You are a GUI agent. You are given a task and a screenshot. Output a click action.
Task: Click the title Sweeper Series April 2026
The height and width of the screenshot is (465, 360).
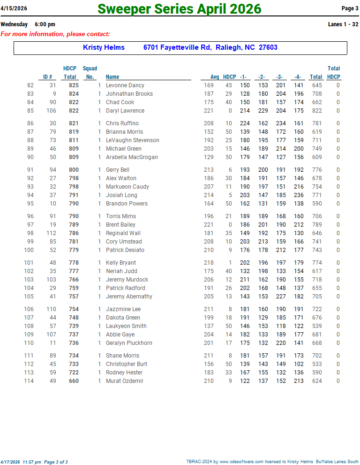click(180, 9)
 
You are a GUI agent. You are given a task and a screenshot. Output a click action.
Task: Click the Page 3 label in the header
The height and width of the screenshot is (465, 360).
click(350, 8)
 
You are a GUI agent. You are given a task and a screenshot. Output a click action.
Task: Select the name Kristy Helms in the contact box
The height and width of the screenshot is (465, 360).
click(104, 47)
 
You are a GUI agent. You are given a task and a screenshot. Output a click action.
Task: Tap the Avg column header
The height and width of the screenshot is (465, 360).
click(215, 77)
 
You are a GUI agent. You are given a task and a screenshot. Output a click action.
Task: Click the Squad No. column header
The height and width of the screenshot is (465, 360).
click(90, 73)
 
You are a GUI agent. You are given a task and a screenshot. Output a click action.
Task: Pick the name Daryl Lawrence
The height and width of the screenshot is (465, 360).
click(125, 111)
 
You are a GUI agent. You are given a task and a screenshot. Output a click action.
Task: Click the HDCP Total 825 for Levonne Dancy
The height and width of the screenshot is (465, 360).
click(74, 85)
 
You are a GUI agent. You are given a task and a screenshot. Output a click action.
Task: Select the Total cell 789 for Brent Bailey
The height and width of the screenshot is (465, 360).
click(316, 225)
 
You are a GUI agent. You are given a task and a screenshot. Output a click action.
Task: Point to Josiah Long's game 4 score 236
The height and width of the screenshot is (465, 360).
click(298, 195)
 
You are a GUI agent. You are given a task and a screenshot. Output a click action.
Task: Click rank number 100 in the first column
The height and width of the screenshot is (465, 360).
click(29, 250)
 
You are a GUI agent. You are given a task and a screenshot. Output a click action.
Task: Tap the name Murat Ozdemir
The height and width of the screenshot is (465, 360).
click(125, 381)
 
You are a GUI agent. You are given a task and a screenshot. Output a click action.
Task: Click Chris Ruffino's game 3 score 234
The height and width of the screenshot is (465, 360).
click(280, 123)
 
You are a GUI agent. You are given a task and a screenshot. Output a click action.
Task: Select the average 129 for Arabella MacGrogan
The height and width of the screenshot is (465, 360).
click(208, 157)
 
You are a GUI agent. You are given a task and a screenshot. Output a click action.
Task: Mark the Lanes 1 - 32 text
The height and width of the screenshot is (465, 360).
click(343, 24)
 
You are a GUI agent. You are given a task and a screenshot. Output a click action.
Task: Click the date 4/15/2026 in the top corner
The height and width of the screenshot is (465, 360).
click(14, 8)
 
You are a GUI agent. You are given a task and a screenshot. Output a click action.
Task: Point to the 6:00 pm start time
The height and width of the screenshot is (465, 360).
click(45, 24)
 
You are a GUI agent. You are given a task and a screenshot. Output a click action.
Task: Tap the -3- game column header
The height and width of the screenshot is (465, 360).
click(279, 77)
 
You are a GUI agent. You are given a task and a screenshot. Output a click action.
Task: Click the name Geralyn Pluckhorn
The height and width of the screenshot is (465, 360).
click(129, 343)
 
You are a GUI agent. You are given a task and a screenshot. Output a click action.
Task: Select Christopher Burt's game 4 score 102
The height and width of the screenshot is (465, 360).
click(298, 364)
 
